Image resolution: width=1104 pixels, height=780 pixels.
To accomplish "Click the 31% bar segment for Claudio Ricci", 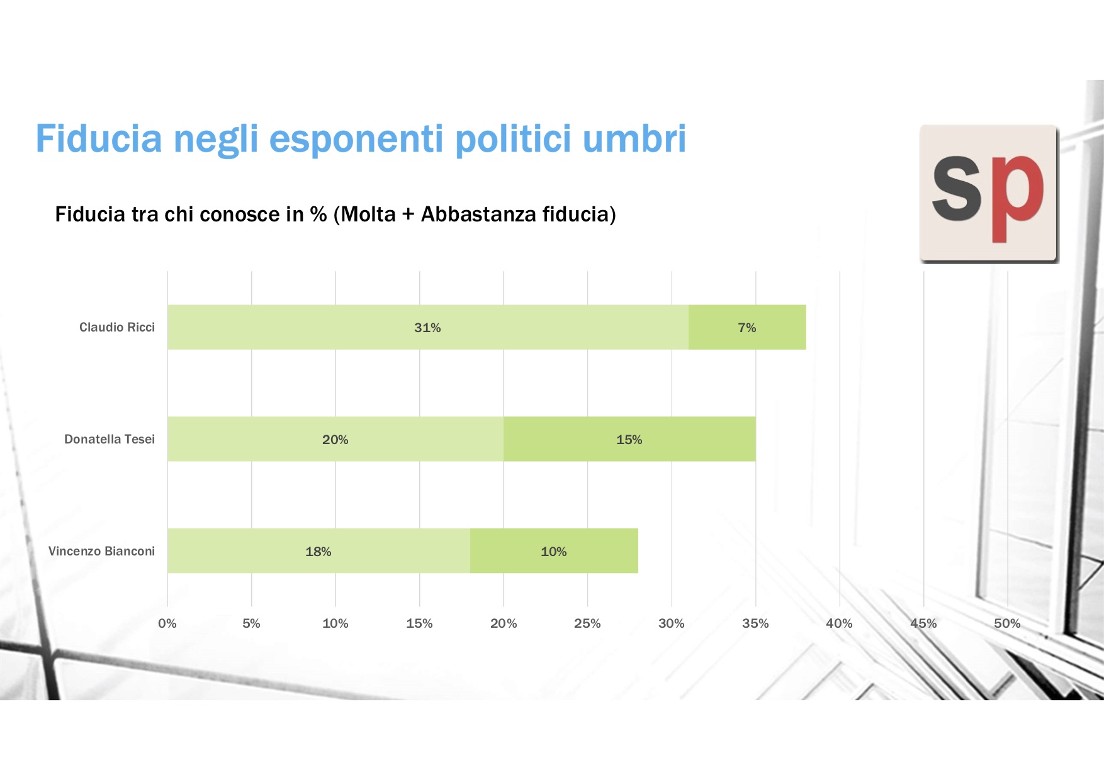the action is (x=428, y=327).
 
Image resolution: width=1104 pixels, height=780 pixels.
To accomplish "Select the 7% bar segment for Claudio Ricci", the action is (x=747, y=327).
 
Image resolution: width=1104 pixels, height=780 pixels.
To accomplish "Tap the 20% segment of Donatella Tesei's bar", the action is (x=335, y=439).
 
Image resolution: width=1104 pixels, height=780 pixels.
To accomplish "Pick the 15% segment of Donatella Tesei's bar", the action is (x=629, y=439).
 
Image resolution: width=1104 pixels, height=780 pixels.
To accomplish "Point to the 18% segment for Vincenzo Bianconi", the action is (x=318, y=551).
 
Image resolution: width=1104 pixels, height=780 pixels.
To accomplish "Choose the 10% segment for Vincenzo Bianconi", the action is (x=554, y=551).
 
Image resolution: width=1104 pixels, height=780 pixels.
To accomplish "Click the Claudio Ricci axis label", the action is (x=117, y=327).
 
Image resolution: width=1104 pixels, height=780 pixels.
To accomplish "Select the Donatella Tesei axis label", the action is (x=110, y=439).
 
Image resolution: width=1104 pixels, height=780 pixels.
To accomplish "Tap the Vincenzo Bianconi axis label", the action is (x=101, y=551).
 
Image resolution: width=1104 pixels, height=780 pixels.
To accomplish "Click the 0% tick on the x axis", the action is (x=167, y=623).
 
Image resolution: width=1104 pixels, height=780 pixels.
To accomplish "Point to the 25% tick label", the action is (x=587, y=623).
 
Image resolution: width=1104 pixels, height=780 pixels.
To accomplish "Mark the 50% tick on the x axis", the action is (x=1007, y=623).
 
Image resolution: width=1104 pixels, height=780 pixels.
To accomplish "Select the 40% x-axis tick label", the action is (x=839, y=623).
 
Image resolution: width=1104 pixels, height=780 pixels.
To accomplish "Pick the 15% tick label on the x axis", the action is (x=419, y=623).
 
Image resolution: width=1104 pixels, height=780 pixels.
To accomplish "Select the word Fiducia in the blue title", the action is (x=99, y=138).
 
